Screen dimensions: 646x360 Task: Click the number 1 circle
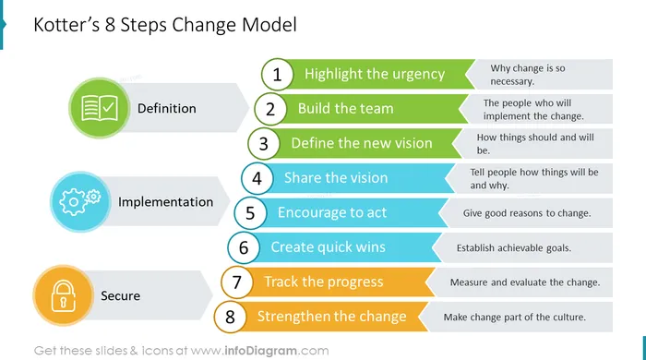[277, 75]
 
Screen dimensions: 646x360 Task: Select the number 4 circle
[257, 178]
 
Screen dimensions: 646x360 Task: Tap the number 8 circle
[230, 317]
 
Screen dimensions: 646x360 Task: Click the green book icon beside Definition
[100, 108]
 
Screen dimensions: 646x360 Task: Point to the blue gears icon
[80, 202]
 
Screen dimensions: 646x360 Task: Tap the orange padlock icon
[63, 295]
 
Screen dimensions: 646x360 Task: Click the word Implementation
[165, 202]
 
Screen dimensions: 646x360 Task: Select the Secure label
[120, 295]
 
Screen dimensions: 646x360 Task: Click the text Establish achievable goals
[514, 248]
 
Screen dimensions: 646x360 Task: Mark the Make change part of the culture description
[515, 318]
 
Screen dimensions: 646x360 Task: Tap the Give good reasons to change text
[527, 213]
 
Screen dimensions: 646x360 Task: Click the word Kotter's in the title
[66, 25]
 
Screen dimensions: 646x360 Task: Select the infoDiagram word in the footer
[260, 351]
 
